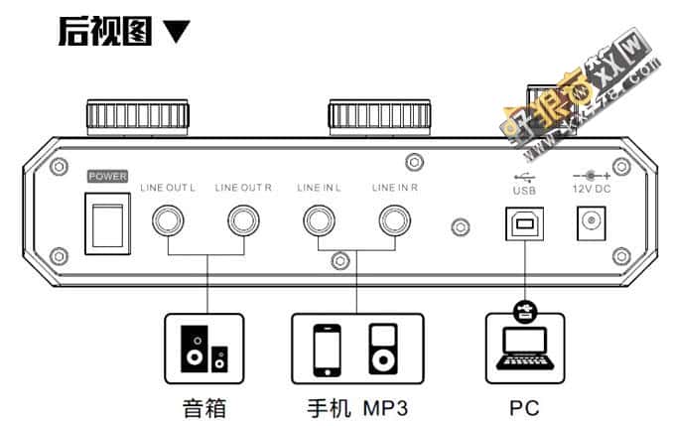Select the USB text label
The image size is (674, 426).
523,188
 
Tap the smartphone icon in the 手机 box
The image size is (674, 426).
328,349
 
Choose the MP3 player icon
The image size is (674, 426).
383,349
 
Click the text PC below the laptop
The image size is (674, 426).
523,406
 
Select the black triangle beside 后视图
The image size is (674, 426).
176,33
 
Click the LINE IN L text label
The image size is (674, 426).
320,187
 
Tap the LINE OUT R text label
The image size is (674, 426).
243,187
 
